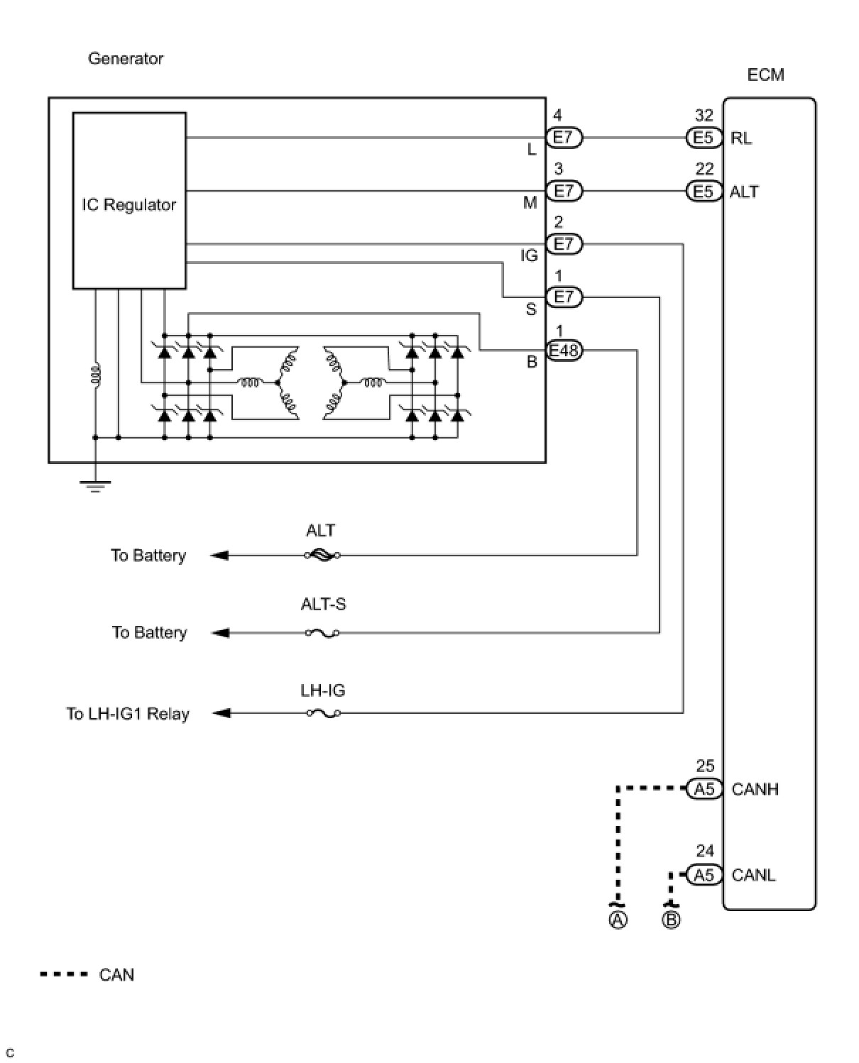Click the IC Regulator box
tap(129, 201)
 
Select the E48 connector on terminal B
tap(564, 350)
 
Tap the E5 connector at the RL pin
tap(704, 138)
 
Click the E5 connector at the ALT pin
tap(704, 192)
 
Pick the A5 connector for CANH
tap(704, 789)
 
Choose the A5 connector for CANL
tap(704, 875)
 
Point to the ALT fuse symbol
tap(322, 555)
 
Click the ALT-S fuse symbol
tap(322, 632)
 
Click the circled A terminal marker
tap(618, 920)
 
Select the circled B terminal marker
tap(671, 920)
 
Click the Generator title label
tap(126, 59)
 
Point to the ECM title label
tap(765, 75)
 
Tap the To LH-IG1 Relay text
tap(128, 714)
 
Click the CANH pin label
tap(755, 789)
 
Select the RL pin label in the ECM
tap(741, 138)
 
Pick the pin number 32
tap(704, 116)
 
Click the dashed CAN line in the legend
tap(64, 974)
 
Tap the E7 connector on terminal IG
tap(564, 244)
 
